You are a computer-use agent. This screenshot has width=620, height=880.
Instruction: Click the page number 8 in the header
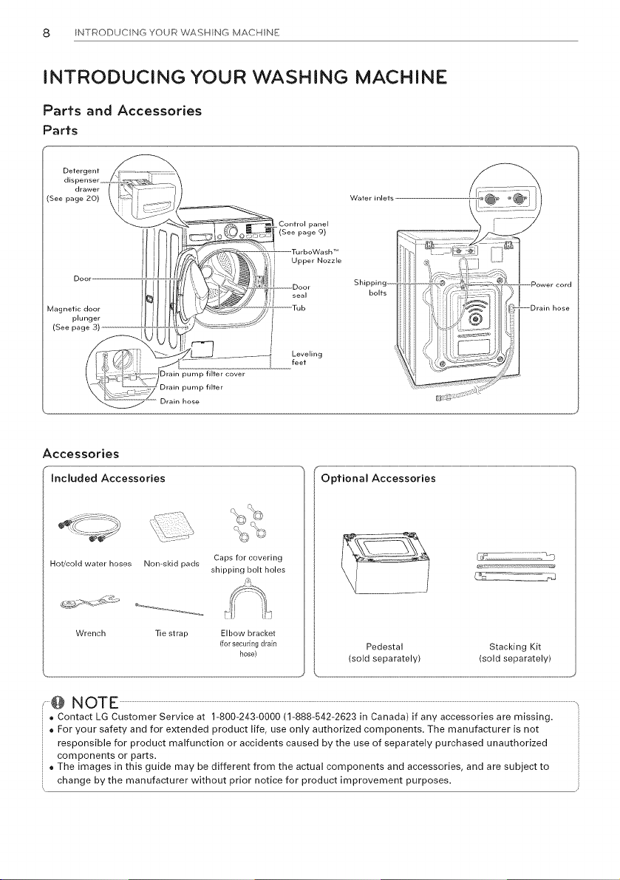click(x=47, y=33)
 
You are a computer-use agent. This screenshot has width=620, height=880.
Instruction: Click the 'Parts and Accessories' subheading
click(x=123, y=110)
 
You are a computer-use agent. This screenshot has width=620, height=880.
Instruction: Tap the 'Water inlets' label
click(x=372, y=198)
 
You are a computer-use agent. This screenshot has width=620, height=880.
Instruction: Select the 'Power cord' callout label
click(x=551, y=284)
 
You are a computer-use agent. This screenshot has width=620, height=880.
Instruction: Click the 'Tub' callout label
click(x=299, y=308)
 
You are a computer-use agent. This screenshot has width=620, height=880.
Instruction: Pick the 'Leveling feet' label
click(x=307, y=358)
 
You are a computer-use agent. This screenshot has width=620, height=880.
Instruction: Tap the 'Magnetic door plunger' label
click(x=73, y=318)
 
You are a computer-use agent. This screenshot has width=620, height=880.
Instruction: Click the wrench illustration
click(x=89, y=602)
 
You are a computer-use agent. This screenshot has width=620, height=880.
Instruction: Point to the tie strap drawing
click(x=169, y=608)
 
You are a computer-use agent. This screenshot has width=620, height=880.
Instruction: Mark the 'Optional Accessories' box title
click(x=378, y=478)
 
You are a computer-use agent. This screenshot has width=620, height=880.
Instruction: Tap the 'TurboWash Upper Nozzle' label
click(x=316, y=256)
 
